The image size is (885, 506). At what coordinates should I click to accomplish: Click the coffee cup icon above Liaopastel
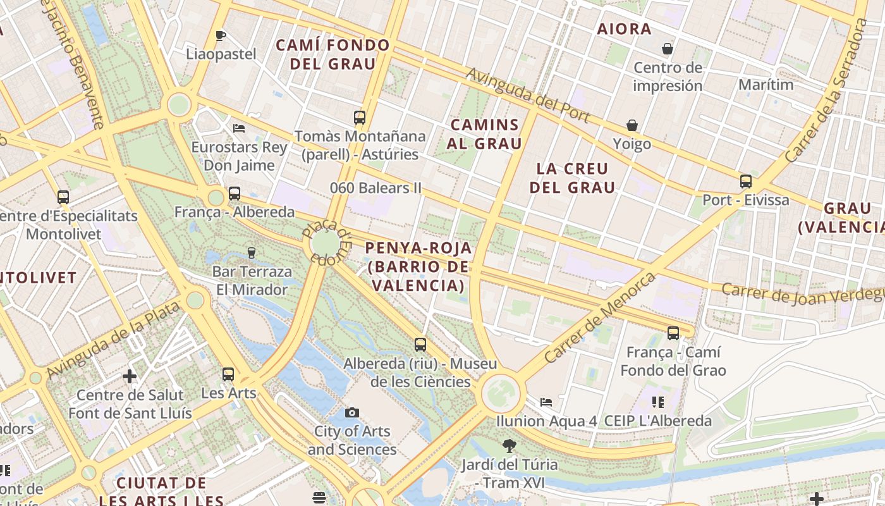pos(220,35)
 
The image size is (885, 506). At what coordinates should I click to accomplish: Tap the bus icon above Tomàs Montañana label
pos(360,117)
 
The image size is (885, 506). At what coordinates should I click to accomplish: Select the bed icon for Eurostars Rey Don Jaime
pos(239,128)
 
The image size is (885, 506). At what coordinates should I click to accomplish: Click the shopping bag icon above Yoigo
pos(632,125)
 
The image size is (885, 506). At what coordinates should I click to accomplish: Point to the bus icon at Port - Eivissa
pos(746,182)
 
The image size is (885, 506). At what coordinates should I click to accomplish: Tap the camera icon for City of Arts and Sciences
pos(352,412)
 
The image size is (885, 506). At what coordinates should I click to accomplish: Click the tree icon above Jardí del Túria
pos(509,446)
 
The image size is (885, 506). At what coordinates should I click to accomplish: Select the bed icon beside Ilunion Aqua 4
pos(546,402)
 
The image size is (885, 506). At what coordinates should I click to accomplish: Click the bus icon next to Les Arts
pos(228,374)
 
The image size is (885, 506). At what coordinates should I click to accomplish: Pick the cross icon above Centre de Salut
pos(130,376)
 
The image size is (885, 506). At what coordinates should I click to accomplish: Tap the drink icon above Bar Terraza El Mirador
pos(252,253)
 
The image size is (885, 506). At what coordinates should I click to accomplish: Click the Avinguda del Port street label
pos(528,96)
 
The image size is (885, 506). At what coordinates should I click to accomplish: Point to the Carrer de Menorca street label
pos(600,317)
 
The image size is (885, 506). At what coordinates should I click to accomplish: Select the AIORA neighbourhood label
pos(624,28)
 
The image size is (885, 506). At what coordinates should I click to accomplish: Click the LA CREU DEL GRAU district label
pos(572,178)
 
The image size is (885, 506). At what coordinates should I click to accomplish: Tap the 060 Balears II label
pos(375,188)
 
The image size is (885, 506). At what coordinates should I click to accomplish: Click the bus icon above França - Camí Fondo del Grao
pos(673,333)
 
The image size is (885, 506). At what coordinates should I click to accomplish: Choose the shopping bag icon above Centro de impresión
pos(667,49)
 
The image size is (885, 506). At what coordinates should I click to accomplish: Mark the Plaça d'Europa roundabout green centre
pos(325,244)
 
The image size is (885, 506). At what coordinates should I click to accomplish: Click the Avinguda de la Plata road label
pos(114,339)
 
